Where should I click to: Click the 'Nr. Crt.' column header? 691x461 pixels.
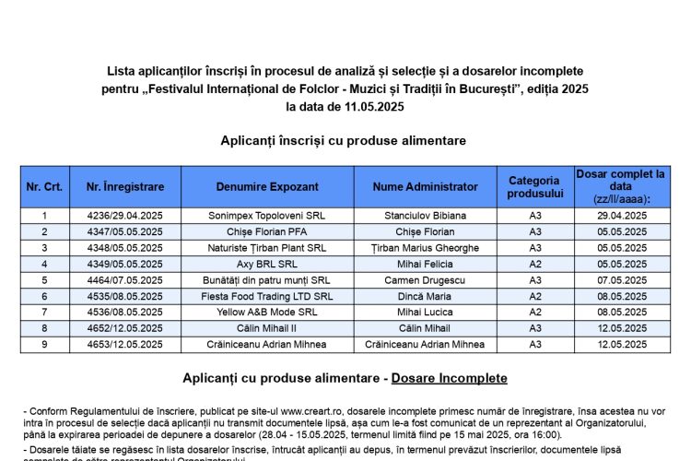click(44, 186)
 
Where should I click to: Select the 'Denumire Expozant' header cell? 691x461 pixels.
click(267, 186)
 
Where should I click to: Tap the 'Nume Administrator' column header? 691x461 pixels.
click(426, 186)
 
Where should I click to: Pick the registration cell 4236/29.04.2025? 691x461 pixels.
click(125, 216)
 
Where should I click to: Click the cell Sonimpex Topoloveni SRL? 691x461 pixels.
click(267, 216)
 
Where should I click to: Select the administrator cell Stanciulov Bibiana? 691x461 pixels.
click(426, 216)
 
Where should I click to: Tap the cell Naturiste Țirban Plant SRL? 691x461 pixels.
click(267, 248)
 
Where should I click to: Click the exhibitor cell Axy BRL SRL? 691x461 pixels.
click(267, 264)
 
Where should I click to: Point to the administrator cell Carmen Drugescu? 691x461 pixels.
click(426, 280)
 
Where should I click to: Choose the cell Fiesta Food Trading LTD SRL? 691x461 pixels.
click(267, 296)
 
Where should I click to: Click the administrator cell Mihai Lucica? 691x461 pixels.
click(426, 312)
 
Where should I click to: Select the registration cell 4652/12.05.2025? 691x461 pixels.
click(125, 328)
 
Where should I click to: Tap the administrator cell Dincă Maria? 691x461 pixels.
click(426, 296)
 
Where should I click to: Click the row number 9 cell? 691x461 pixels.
click(44, 344)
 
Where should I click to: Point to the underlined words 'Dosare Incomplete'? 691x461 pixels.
click(449, 378)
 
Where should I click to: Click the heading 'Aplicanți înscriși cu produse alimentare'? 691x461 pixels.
click(344, 140)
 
